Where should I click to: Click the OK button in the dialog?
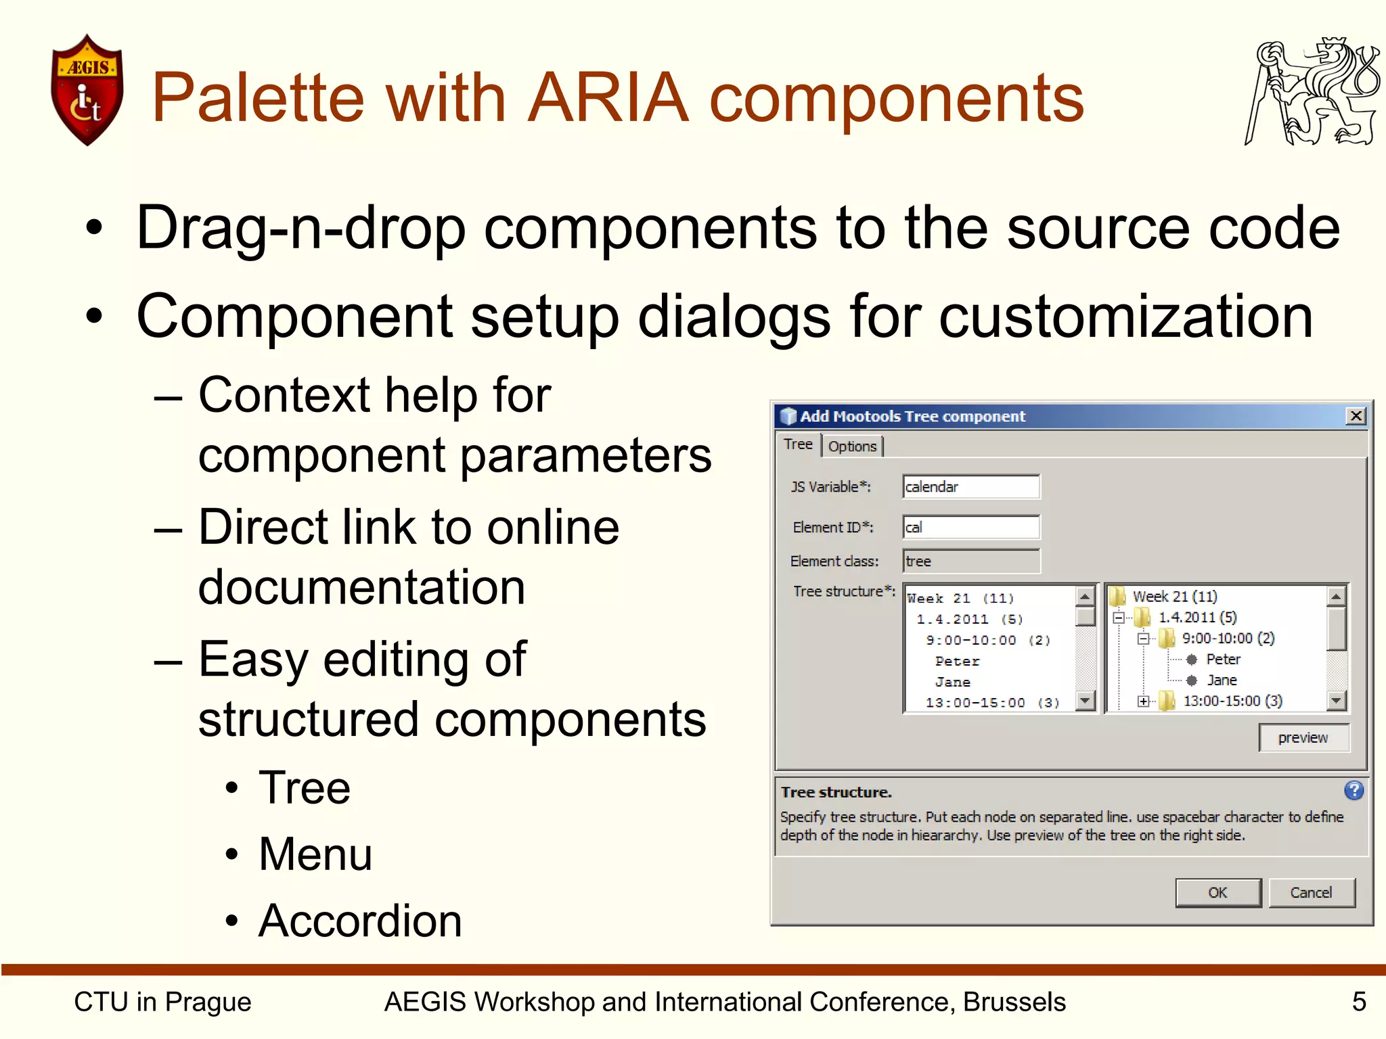[x=1217, y=892]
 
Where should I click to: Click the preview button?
[x=1303, y=737]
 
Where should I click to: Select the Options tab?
[x=852, y=446]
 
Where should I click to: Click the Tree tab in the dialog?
[x=798, y=444]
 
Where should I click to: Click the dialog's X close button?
[x=1356, y=416]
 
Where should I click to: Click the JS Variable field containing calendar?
[x=970, y=487]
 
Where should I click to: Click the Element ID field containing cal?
[x=970, y=528]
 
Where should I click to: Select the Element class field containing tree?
[x=970, y=561]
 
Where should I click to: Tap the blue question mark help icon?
[x=1354, y=790]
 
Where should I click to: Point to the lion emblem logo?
[x=1312, y=91]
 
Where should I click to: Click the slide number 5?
[x=1359, y=1001]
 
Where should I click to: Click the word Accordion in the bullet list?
[x=360, y=921]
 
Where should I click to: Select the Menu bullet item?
[x=315, y=854]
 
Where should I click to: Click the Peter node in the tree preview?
[x=1223, y=659]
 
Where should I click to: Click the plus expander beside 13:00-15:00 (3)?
[x=1143, y=701]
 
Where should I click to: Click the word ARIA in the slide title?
[x=607, y=98]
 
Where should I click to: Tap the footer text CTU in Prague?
[x=162, y=1001]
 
